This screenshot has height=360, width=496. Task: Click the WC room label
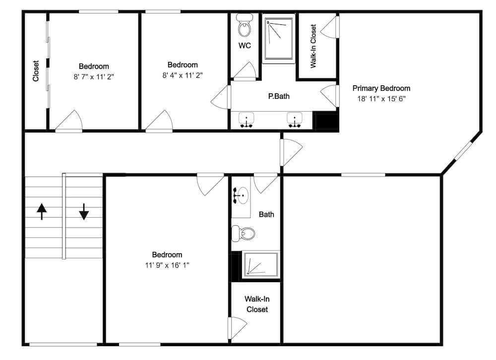tap(245, 46)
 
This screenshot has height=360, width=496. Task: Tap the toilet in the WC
tap(245, 25)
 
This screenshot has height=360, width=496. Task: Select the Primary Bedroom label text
tap(381, 88)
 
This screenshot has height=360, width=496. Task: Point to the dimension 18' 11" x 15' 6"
tap(381, 99)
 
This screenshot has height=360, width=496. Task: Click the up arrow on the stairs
tap(42, 211)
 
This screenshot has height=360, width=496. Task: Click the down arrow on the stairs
tap(84, 211)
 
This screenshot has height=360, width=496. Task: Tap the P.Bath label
tap(279, 96)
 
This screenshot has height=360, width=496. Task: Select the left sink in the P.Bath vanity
tap(246, 120)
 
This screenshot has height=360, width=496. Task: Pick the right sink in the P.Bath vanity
tap(295, 120)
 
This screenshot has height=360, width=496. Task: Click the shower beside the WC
tap(279, 39)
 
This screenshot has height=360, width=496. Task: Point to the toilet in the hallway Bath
tap(243, 234)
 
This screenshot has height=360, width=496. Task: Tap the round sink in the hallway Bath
tap(241, 195)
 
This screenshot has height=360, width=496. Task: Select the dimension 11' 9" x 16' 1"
tap(167, 265)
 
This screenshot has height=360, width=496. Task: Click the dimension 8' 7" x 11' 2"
tap(94, 77)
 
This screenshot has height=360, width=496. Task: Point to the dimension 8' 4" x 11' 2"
tap(183, 75)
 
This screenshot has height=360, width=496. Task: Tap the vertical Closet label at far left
tap(36, 71)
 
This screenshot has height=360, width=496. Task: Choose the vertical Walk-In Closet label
tap(313, 46)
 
